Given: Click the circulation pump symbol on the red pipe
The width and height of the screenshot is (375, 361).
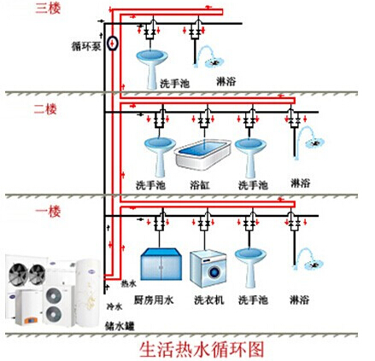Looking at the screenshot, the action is pyautogui.click(x=113, y=44).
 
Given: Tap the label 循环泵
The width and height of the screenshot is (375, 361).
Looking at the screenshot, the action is pyautogui.click(x=86, y=46).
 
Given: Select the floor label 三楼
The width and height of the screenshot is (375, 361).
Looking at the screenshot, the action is pyautogui.click(x=48, y=8).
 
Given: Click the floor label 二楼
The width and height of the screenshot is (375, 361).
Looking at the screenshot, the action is pyautogui.click(x=45, y=109).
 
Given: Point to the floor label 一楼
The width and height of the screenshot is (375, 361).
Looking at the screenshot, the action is pyautogui.click(x=48, y=212).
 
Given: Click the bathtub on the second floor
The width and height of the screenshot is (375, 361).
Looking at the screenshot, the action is pyautogui.click(x=202, y=154).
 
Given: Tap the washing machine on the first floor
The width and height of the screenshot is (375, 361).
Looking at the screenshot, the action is pyautogui.click(x=208, y=268).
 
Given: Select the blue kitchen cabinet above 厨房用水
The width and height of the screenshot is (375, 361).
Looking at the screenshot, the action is pyautogui.click(x=161, y=264).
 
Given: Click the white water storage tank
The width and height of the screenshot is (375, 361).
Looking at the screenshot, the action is pyautogui.click(x=88, y=291).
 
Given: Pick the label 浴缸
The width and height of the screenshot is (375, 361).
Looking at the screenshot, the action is pyautogui.click(x=200, y=185).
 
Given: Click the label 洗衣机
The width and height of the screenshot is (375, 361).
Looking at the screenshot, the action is pyautogui.click(x=209, y=300).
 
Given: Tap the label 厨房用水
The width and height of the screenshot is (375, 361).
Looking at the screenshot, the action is pyautogui.click(x=154, y=300).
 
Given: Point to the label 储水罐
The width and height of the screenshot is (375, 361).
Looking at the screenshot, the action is pyautogui.click(x=120, y=326).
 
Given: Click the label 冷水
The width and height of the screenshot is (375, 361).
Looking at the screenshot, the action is pyautogui.click(x=114, y=306).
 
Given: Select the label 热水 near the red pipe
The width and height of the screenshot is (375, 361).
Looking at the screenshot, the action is pyautogui.click(x=129, y=283).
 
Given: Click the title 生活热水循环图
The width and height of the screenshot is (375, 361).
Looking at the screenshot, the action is pyautogui.click(x=202, y=350).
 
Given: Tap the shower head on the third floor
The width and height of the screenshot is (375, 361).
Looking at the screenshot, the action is pyautogui.click(x=214, y=61).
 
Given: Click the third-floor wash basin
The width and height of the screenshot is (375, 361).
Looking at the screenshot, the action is pyautogui.click(x=152, y=69).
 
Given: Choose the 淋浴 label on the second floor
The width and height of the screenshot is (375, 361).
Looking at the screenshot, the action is pyautogui.click(x=300, y=183).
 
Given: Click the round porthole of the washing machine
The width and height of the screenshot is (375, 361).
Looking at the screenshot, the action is pyautogui.click(x=214, y=272).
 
